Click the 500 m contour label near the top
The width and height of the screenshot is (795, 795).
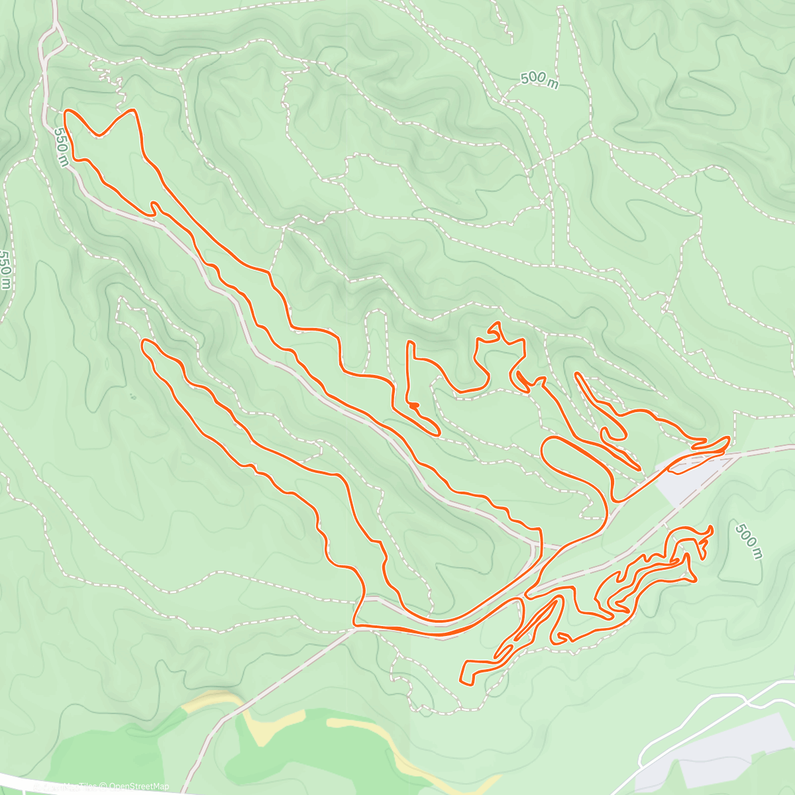[x=538, y=78]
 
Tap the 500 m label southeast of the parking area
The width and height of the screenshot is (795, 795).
[x=747, y=540]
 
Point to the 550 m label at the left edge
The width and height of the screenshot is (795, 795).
[x=5, y=269]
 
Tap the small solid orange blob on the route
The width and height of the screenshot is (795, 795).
[x=413, y=405]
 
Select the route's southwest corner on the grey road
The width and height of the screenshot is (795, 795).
[x=356, y=623]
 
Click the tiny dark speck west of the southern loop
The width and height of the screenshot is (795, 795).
[x=132, y=397]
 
